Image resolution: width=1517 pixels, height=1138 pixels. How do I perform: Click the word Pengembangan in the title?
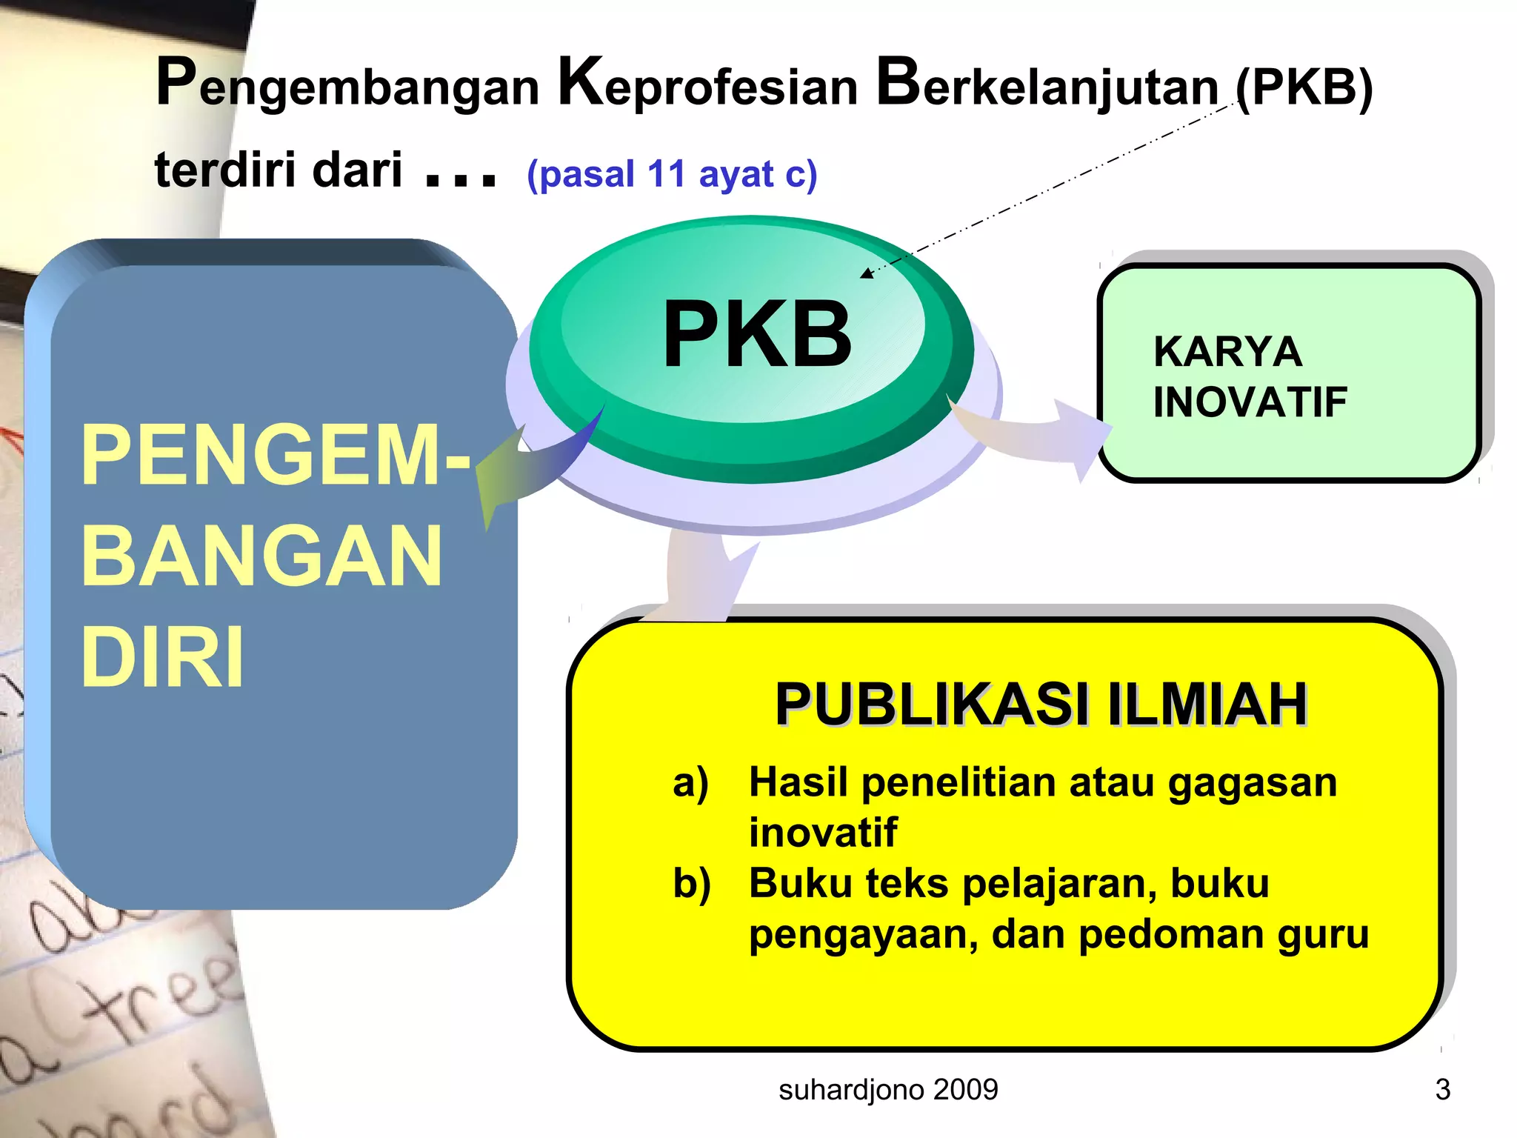click(x=348, y=85)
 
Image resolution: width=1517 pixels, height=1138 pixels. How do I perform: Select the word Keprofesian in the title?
click(x=707, y=85)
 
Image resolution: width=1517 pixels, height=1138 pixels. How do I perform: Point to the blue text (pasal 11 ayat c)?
click(x=671, y=174)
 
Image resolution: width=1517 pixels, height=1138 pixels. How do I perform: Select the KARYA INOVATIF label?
click(x=1249, y=376)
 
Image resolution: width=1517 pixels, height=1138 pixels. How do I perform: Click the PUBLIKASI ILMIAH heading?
click(x=1041, y=704)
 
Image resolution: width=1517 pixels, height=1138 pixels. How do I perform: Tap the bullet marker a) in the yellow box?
click(x=690, y=782)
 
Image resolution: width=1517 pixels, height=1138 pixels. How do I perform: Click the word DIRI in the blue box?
click(x=161, y=656)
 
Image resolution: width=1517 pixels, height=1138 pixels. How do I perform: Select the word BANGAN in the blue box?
click(x=261, y=556)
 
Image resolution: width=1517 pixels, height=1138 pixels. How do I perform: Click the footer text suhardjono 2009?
click(x=888, y=1089)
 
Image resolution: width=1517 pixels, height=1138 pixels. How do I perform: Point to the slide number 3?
click(x=1442, y=1089)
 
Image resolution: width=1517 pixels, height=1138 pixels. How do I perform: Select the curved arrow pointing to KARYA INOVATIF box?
click(x=1037, y=433)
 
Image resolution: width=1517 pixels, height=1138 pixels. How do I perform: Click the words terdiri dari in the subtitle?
click(x=278, y=170)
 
